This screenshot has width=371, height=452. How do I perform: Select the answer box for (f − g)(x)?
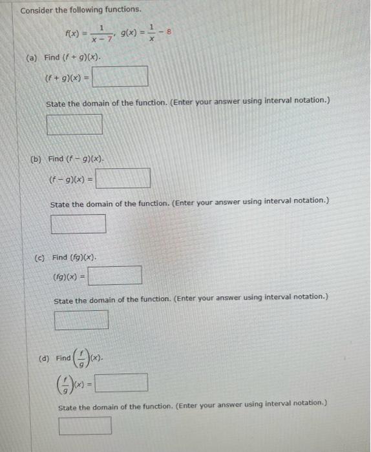click(123, 178)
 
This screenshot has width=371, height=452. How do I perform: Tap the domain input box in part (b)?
click(78, 223)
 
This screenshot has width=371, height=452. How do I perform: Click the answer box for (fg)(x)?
click(115, 276)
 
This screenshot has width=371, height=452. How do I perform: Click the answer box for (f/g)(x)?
click(121, 383)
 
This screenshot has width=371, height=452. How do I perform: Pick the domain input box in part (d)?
click(85, 426)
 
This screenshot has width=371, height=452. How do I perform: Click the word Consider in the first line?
click(37, 10)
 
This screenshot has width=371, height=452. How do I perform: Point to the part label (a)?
click(31, 58)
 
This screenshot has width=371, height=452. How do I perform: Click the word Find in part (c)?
click(59, 258)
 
